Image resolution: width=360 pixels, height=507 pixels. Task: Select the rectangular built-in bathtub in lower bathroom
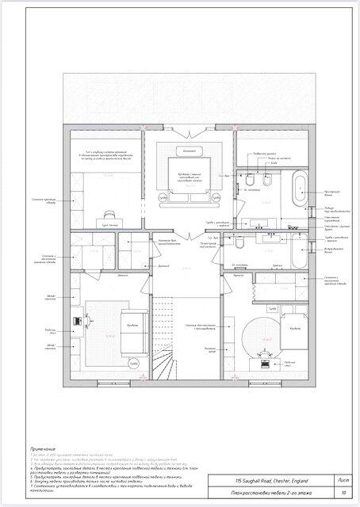[299, 253]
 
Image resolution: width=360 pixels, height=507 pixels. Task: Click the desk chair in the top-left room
[104, 214]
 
